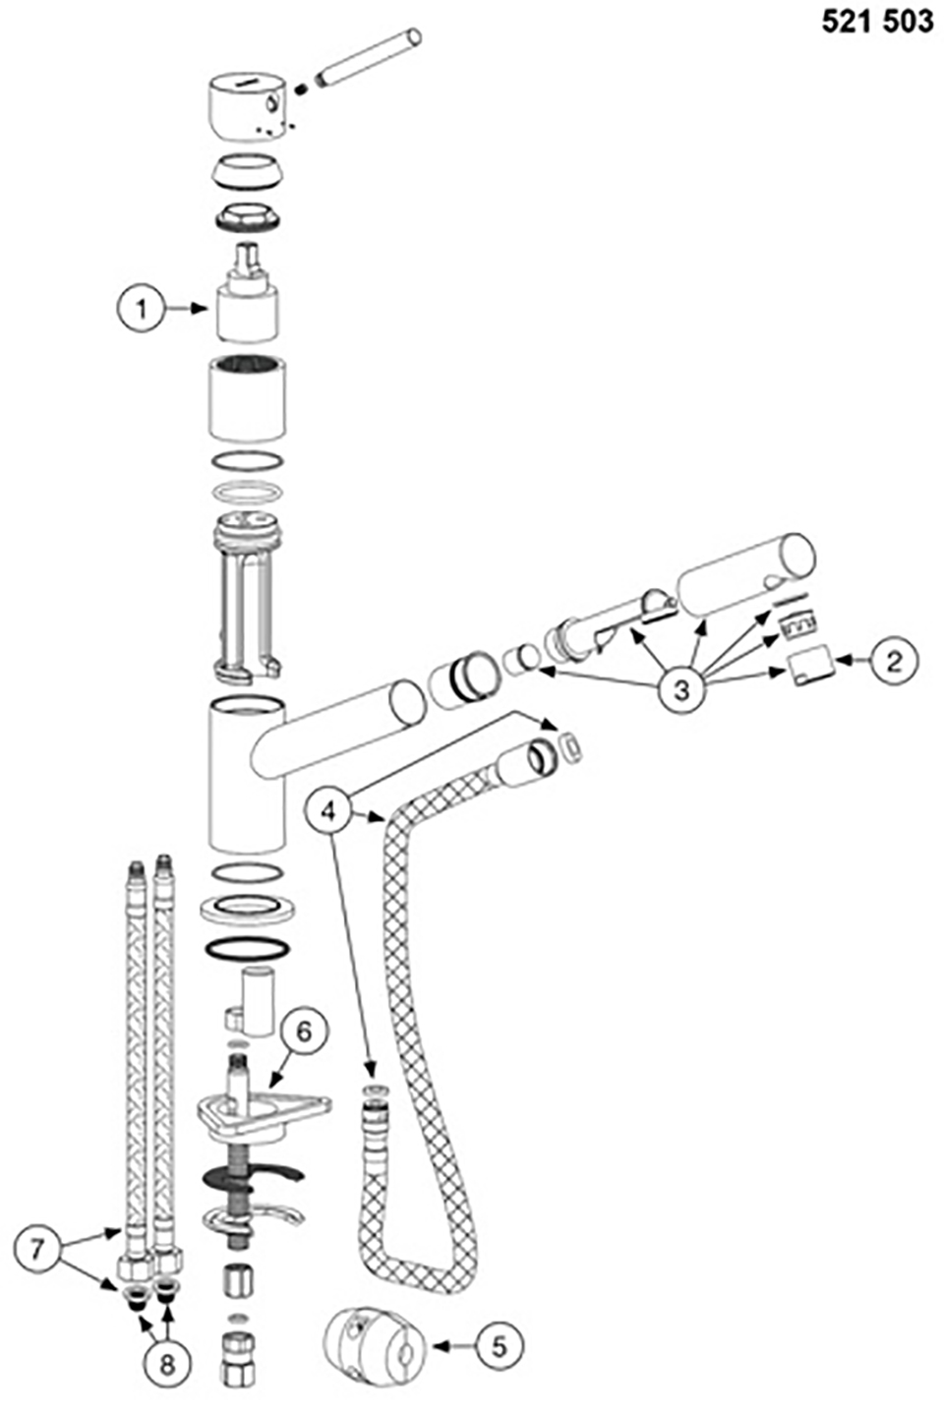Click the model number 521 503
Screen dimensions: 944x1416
(877, 22)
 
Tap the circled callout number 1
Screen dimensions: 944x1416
(142, 309)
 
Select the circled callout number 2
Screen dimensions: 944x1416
(893, 662)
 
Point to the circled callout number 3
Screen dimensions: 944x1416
(681, 689)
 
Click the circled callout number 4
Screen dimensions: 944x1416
(328, 811)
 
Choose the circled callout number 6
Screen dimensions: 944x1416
(304, 1032)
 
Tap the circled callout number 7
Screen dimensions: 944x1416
(36, 1249)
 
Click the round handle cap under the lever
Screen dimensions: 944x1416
(248, 105)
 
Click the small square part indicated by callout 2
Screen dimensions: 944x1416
(810, 665)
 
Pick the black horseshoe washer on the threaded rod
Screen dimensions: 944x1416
(253, 1174)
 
